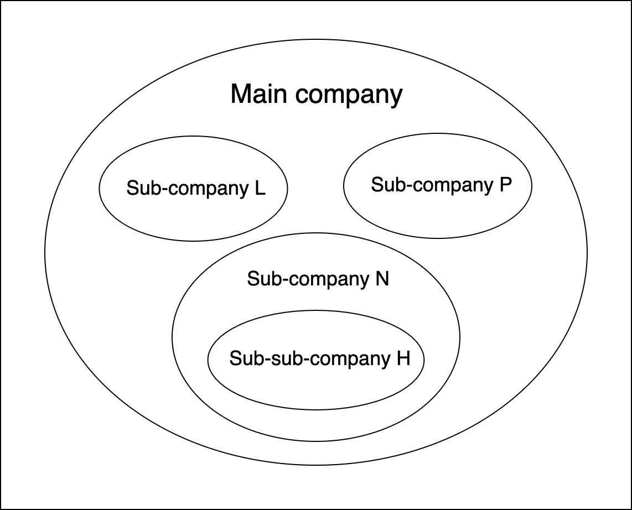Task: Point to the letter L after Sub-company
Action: [x=260, y=189]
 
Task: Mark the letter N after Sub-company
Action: [x=382, y=279]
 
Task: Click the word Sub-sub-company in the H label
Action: [x=310, y=359]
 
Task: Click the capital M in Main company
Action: [x=240, y=94]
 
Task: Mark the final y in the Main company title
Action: [x=396, y=97]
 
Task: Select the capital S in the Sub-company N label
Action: [x=252, y=279]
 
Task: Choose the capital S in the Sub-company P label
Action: [x=376, y=185]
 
